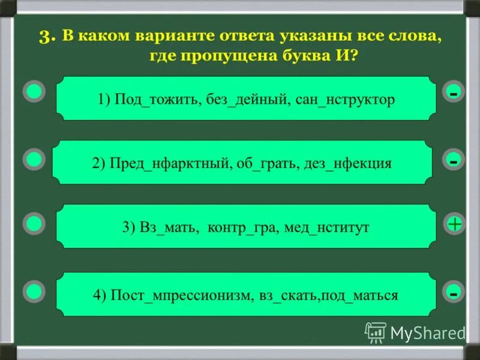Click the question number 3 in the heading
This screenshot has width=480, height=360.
[x=47, y=36]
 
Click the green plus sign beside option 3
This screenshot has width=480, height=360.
[x=454, y=224]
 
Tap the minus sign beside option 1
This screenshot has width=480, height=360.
[x=454, y=93]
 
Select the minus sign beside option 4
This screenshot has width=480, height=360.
[x=454, y=292]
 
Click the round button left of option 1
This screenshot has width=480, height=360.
[x=34, y=92]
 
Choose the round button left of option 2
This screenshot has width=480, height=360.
[x=34, y=159]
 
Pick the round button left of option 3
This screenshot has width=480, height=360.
[x=34, y=223]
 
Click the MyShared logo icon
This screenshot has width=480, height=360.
[x=376, y=332]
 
